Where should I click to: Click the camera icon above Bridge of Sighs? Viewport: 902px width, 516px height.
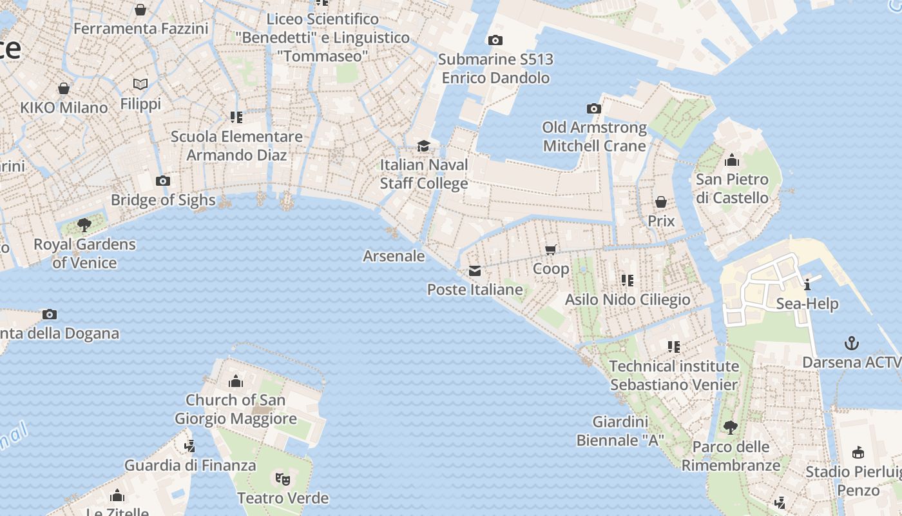coord(163,181)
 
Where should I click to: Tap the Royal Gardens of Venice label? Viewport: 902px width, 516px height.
coord(84,253)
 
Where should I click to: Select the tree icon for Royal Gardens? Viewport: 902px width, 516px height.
coord(84,225)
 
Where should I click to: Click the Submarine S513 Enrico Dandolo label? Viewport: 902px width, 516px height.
coord(495,68)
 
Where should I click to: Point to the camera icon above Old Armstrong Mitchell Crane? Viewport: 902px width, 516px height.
coord(594,108)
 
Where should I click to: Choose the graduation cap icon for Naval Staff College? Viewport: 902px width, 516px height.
coord(423,146)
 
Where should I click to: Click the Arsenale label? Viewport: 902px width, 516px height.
coord(394,256)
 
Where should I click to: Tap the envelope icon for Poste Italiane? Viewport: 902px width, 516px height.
coord(475,270)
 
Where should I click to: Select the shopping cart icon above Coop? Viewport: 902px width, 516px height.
coord(551,250)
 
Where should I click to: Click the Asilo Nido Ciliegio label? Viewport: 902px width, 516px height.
coord(628,299)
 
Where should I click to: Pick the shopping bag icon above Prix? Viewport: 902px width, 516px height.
coord(660,202)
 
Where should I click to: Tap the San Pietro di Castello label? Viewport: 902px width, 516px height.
coord(732,188)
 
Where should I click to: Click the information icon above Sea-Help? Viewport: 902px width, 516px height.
coord(807,284)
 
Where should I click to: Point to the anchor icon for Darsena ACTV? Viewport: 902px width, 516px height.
coord(852,342)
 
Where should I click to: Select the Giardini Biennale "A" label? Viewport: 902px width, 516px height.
coord(620,431)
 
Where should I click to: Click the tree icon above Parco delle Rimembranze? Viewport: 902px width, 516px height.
coord(730,427)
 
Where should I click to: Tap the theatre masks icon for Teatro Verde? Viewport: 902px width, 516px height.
coord(282,479)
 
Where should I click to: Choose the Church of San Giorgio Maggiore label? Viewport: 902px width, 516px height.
coord(236,409)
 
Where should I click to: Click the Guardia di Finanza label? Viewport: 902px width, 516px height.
coord(190,465)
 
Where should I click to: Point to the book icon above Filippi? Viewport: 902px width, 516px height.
coord(140,84)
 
